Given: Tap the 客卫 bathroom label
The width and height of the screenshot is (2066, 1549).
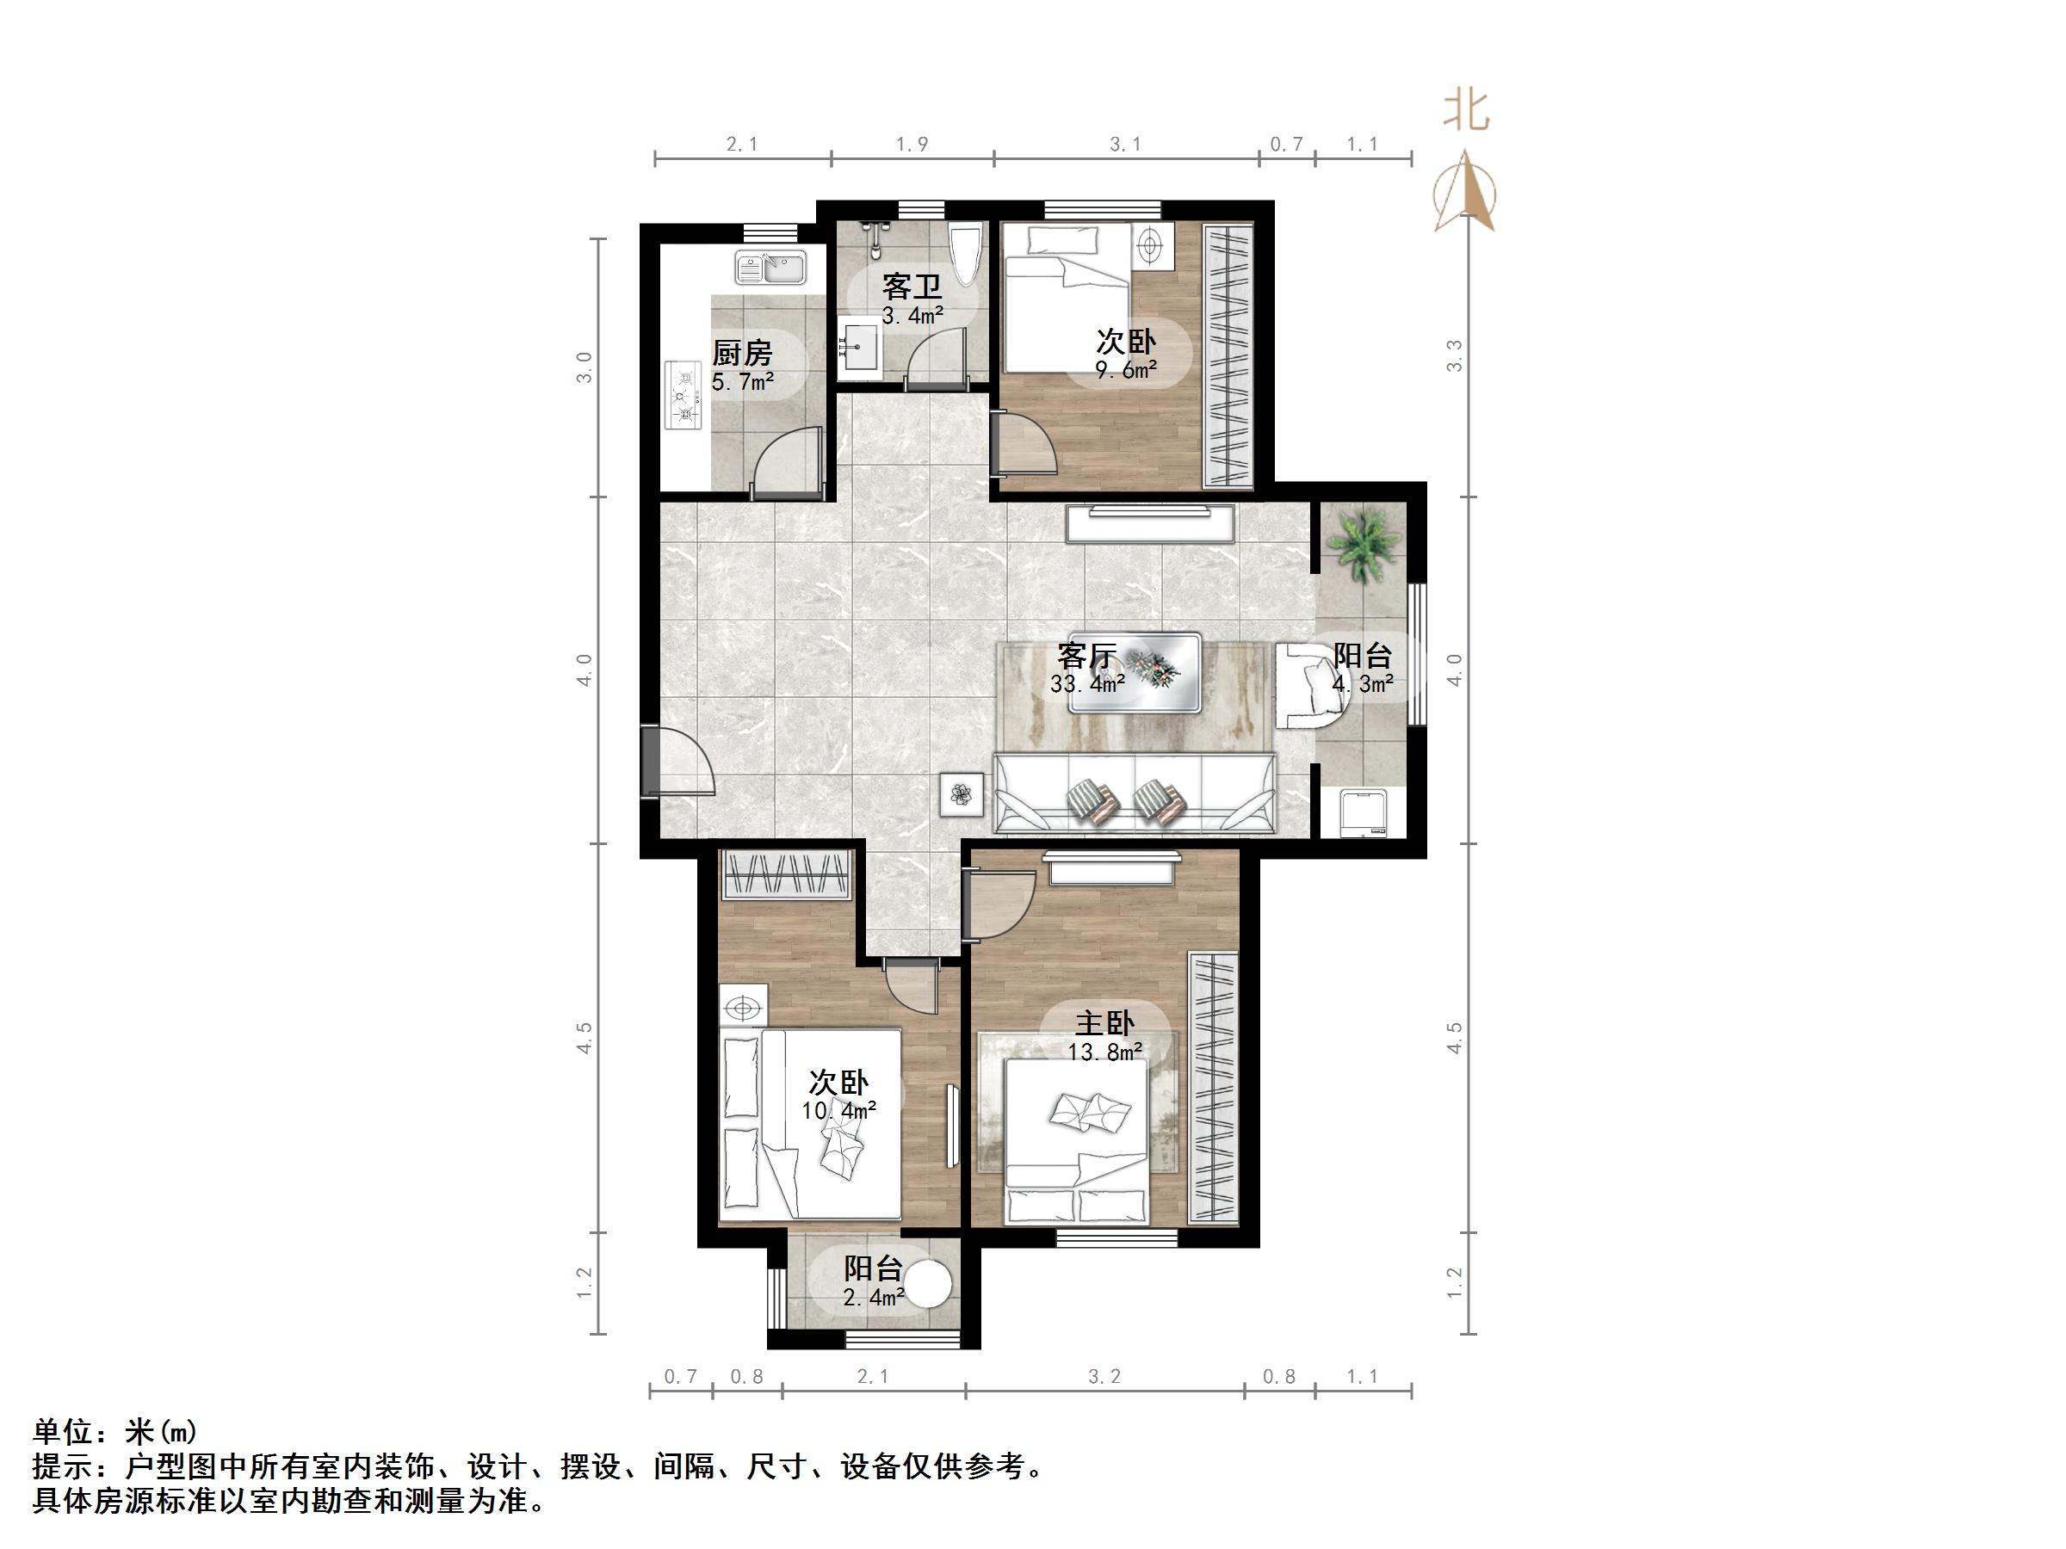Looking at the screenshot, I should pos(912,286).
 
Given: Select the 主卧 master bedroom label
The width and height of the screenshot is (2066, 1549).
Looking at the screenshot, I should pos(1105,1023).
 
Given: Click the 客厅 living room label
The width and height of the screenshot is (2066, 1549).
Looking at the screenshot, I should pos(1086,655).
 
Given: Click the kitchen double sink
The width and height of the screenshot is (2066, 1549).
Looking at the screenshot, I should pos(770,268).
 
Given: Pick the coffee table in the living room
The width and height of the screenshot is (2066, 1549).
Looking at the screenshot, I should pos(1135,672).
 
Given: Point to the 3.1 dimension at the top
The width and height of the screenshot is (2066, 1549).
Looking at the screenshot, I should pos(1125,145).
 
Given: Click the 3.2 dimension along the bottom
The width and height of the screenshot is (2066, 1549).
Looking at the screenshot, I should pos(1104,1376).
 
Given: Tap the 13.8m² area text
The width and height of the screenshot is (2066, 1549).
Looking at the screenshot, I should pos(1106,1052).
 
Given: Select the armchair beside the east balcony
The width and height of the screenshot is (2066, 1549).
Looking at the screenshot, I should pos(1309,685).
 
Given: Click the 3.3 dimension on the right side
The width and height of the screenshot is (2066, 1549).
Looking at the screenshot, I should pos(1454,356).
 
